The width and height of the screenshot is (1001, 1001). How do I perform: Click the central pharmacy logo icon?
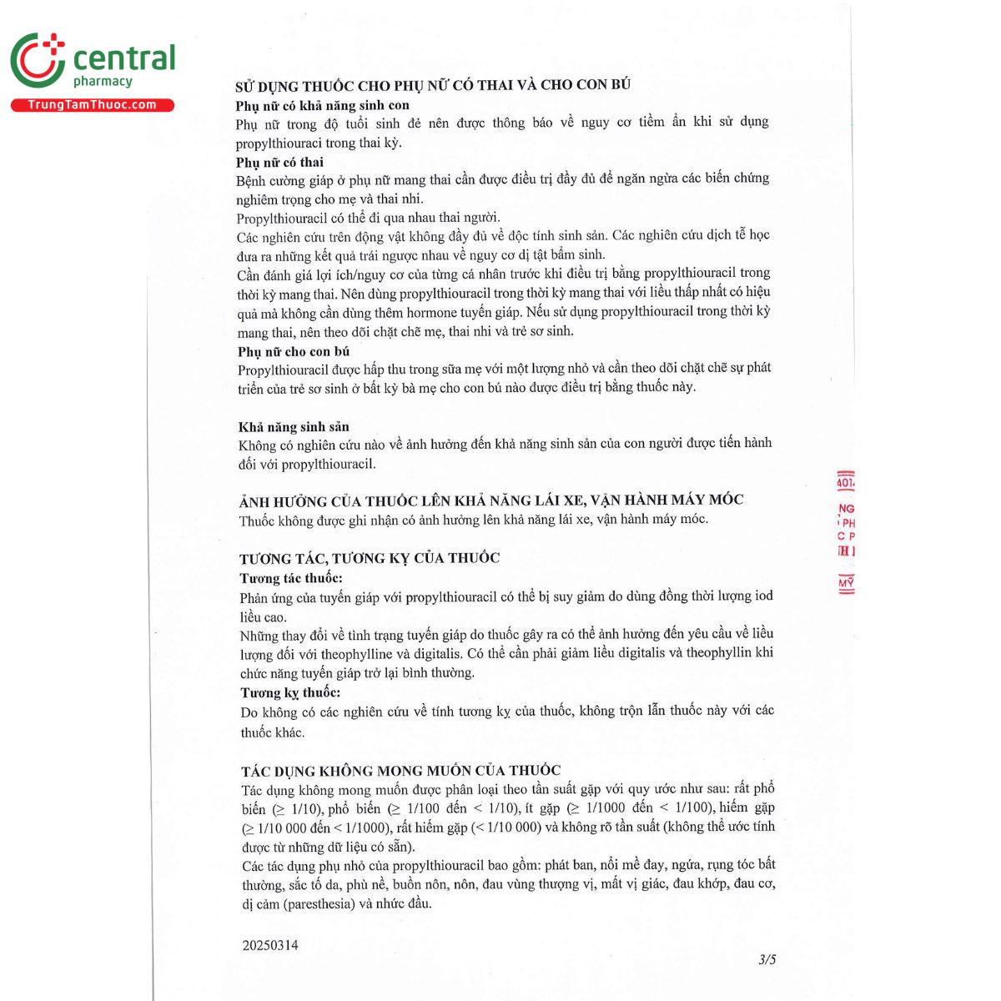(38, 61)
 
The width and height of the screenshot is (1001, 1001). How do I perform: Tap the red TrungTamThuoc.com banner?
(92, 105)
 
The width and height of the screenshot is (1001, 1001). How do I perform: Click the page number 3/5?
(767, 960)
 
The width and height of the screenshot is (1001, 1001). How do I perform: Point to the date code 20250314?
(270, 945)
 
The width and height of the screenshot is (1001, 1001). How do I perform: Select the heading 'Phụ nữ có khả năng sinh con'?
(322, 106)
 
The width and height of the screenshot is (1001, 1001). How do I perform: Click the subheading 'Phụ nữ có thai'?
(279, 162)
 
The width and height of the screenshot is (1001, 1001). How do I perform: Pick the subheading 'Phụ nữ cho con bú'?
(294, 351)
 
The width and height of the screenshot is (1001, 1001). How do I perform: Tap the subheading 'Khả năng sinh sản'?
(294, 426)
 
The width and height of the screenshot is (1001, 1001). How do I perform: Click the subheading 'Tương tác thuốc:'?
(291, 577)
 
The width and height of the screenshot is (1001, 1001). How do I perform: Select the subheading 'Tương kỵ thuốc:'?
(290, 692)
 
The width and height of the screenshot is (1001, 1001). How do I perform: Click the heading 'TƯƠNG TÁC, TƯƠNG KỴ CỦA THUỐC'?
(370, 558)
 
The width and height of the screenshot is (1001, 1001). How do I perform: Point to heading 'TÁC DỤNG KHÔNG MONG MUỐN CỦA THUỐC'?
(400, 771)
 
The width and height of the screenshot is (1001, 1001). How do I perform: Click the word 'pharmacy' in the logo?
(103, 82)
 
